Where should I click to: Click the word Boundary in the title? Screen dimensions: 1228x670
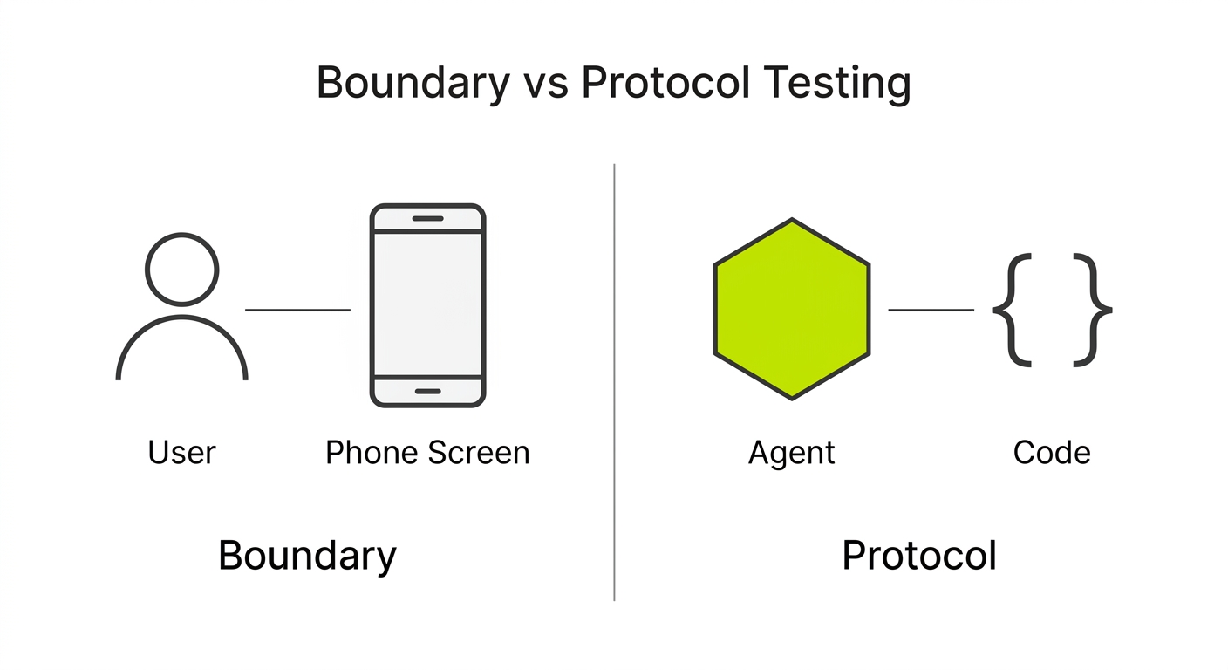tap(413, 84)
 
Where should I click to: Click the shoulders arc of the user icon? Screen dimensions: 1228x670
tap(182, 317)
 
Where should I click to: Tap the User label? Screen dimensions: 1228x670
tap(182, 453)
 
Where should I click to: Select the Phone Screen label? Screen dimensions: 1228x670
tap(427, 453)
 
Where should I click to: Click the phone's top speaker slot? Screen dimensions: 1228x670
tap(427, 219)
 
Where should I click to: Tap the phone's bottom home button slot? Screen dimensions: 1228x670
tap(427, 392)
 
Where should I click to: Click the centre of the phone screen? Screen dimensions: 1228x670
tap(427, 304)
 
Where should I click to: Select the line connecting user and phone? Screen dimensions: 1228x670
tap(297, 310)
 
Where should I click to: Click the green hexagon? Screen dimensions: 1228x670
tap(792, 309)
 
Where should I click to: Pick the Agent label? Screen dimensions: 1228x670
tap(792, 454)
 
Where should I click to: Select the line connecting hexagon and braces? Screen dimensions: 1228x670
tap(931, 310)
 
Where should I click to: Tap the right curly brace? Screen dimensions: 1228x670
tap(1093, 310)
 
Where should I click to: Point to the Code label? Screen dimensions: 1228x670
tap(1052, 453)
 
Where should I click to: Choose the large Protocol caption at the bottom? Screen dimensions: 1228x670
tap(919, 556)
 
